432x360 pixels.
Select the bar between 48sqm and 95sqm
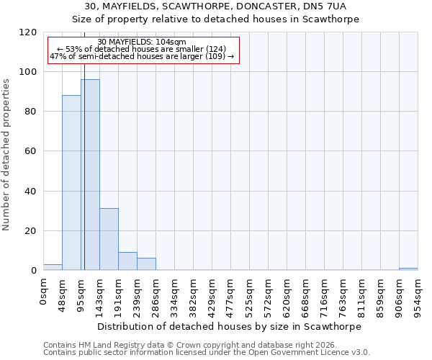pos(71,183)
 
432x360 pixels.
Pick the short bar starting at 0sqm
pos(53,267)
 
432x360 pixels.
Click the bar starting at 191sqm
pos(127,261)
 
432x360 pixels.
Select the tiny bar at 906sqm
pos(408,269)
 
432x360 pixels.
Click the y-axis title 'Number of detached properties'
pos(6,155)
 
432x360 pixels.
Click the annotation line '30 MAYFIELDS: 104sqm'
pos(142,42)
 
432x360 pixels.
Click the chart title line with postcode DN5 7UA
pos(215,6)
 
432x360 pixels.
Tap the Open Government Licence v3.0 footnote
pos(207,353)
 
